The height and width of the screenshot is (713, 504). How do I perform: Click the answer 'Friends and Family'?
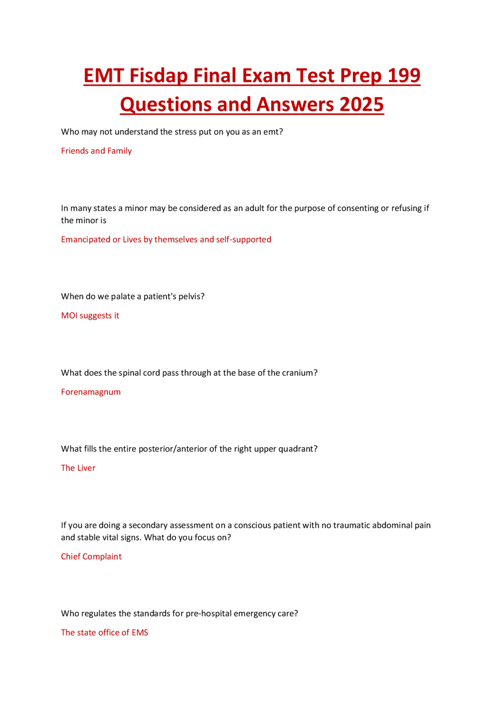tap(96, 151)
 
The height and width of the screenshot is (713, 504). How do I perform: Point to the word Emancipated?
tap(85, 239)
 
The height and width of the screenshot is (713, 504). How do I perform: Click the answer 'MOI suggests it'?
tap(90, 315)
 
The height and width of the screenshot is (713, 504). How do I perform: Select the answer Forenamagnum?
tap(91, 392)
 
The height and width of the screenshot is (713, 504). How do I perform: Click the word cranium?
tap(298, 372)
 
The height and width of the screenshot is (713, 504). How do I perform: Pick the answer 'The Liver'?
tap(78, 468)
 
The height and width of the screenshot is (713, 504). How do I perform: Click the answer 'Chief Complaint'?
tap(91, 556)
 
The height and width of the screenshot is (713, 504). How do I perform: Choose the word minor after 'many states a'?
tap(136, 208)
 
